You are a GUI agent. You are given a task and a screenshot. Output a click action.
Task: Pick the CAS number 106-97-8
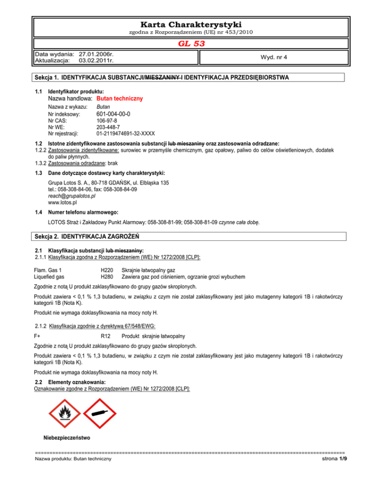[107, 121]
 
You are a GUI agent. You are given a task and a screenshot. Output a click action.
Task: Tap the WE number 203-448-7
[108, 127]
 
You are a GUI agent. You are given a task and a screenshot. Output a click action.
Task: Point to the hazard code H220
[108, 271]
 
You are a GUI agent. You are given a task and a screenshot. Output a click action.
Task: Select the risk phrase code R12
[107, 335]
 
